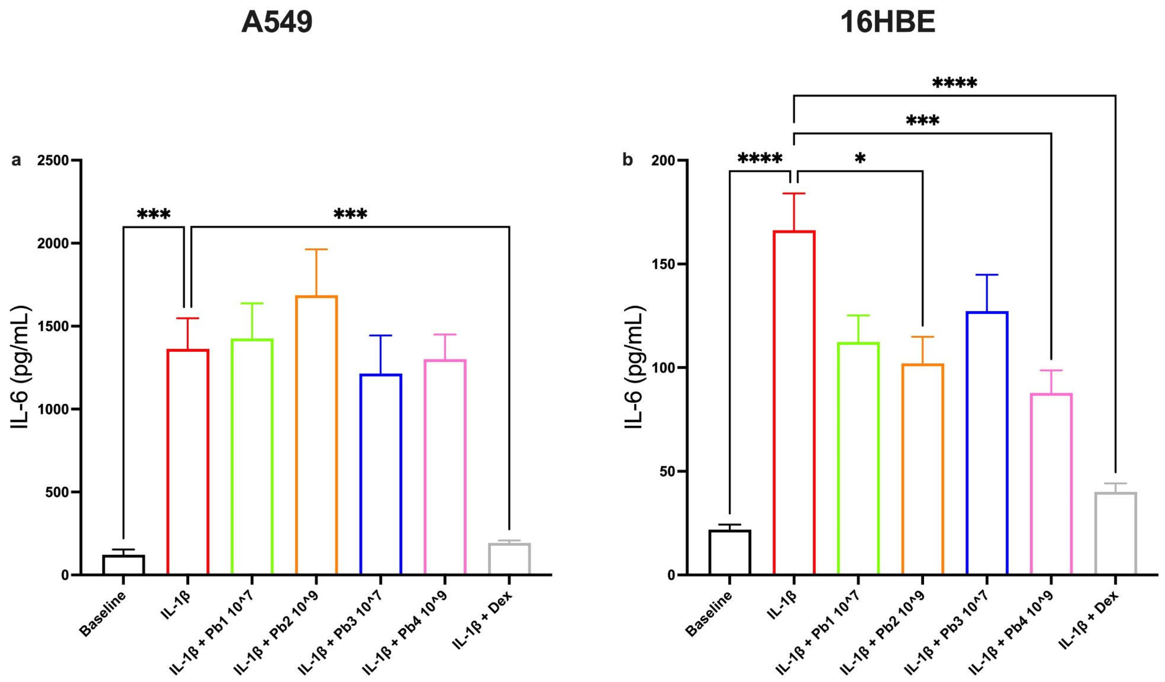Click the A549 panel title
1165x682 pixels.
(x=277, y=22)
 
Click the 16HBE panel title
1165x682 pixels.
(x=887, y=22)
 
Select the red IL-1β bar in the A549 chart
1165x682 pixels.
(x=188, y=462)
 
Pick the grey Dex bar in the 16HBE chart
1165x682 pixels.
(x=1116, y=534)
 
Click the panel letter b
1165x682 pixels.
(x=627, y=160)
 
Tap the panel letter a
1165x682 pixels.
(x=16, y=160)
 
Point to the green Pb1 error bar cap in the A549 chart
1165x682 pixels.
(x=252, y=303)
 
